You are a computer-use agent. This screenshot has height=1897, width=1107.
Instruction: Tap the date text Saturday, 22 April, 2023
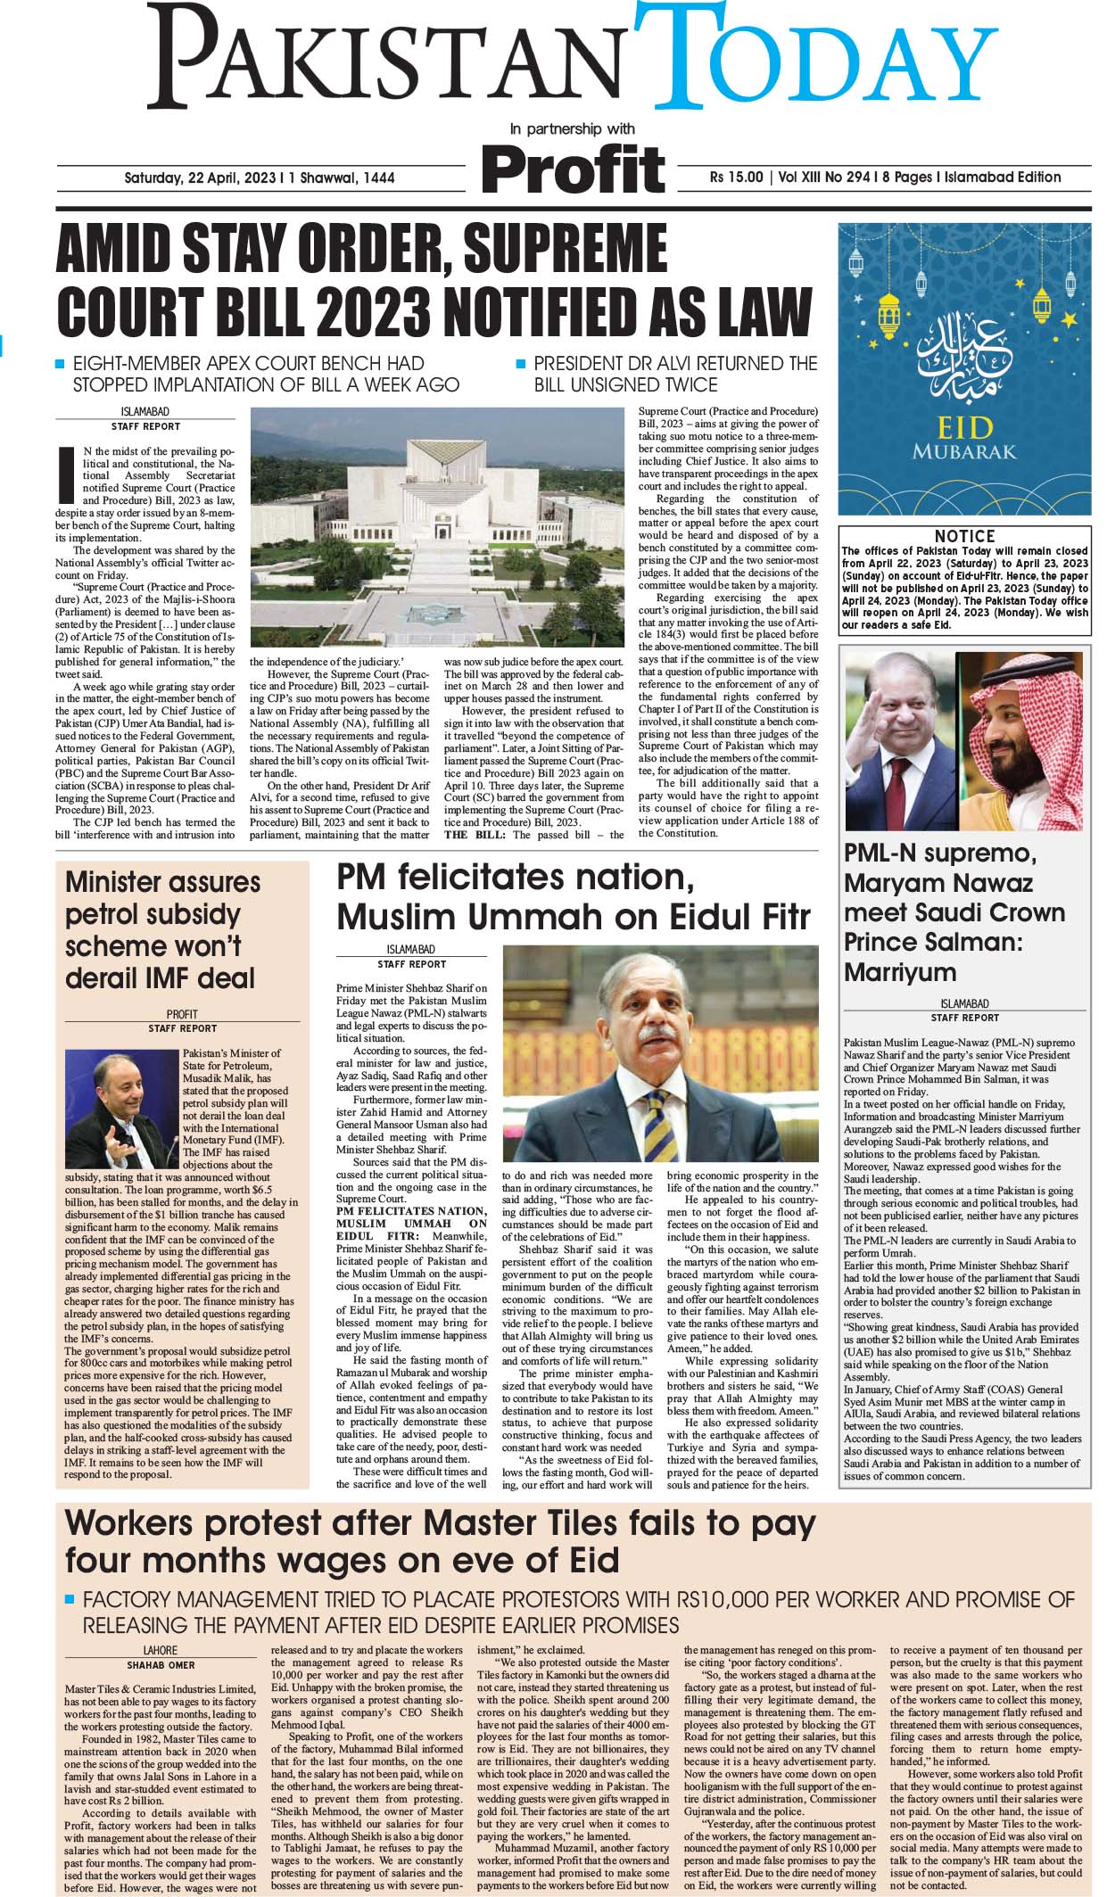(x=200, y=177)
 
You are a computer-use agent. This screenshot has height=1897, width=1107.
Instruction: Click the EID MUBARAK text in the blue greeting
(x=964, y=438)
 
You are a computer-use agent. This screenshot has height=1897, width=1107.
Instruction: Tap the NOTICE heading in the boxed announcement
(x=964, y=536)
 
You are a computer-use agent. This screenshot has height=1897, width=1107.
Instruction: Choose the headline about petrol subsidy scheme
(x=163, y=929)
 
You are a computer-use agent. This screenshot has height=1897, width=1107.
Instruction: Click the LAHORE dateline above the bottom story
(x=161, y=1650)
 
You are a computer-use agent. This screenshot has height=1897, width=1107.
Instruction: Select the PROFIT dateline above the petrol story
(x=182, y=1014)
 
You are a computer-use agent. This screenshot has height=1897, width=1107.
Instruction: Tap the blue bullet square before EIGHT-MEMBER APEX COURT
(x=60, y=364)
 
